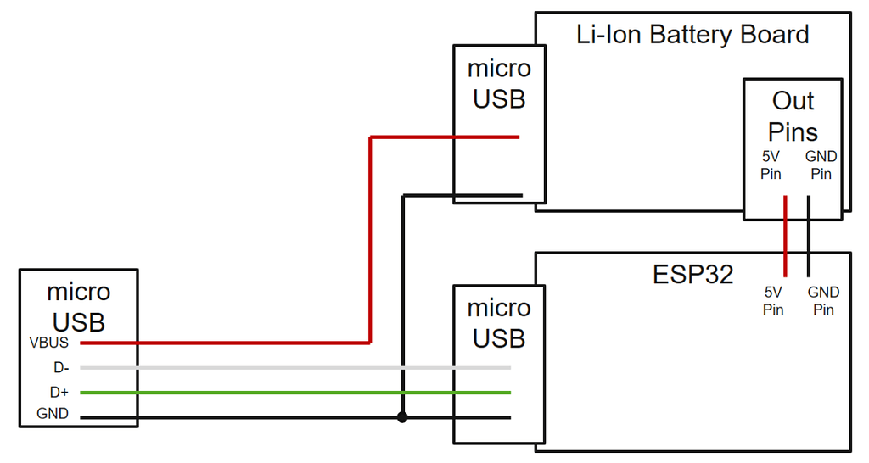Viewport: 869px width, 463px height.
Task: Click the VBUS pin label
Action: [x=48, y=343]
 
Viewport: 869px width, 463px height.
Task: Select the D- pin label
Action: [x=60, y=368]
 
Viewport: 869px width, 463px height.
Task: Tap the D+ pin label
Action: [x=60, y=393]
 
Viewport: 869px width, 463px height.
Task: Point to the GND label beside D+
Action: [x=53, y=416]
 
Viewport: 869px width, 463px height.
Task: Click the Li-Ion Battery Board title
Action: [x=692, y=35]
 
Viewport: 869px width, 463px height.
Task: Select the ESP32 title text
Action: [x=692, y=274]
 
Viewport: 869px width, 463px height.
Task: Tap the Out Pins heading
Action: [x=793, y=116]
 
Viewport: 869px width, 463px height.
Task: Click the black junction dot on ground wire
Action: [x=402, y=417]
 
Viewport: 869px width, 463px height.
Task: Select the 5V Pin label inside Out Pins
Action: [x=771, y=165]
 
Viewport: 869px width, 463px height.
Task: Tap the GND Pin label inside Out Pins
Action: [x=821, y=165]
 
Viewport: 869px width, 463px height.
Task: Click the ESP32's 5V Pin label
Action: [x=773, y=301]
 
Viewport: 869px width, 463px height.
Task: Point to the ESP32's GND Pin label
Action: [x=823, y=301]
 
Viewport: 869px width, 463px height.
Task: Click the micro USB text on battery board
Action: [x=499, y=83]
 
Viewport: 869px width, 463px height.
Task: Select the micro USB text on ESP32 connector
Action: [x=499, y=323]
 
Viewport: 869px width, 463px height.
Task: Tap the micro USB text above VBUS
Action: [x=78, y=307]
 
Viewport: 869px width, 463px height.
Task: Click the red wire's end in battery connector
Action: [x=517, y=137]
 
